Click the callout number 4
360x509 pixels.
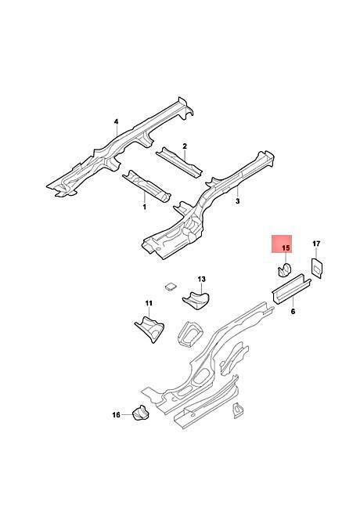coord(116,121)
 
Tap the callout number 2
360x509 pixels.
coord(185,146)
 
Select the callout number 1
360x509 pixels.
coord(144,207)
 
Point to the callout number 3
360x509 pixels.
coord(237,201)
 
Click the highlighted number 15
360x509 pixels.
coord(286,248)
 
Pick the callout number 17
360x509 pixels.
coord(316,244)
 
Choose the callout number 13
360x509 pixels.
coord(201,280)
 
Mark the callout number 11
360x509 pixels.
coord(149,303)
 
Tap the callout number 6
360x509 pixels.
coord(293,312)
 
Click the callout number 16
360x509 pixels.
coord(116,415)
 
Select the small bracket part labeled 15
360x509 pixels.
coord(284,270)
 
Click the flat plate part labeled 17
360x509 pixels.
coord(317,268)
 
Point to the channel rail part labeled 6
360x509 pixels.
coord(291,289)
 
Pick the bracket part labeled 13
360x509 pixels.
coord(196,299)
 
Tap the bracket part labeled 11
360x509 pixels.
coord(149,329)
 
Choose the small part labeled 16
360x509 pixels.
coord(140,413)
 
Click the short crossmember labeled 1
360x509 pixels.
coord(146,186)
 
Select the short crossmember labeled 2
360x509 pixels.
coord(179,162)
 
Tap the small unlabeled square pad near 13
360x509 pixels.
coord(171,286)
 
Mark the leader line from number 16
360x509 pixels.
coord(127,414)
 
